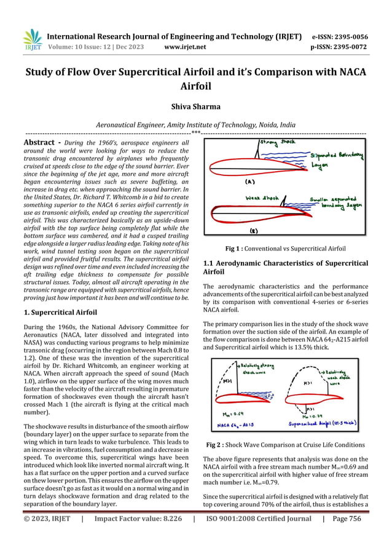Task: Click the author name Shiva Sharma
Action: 195,106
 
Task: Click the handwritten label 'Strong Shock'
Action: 278,142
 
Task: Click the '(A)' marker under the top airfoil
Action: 250,183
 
